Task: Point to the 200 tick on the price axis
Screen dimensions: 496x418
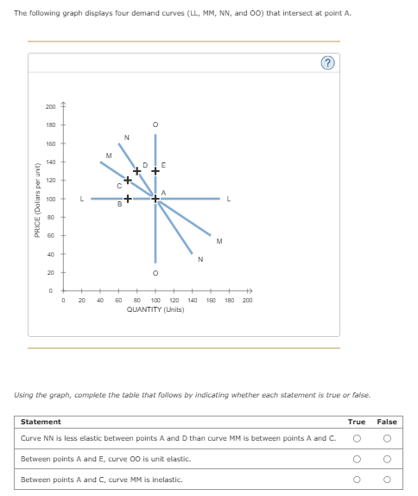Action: [51, 106]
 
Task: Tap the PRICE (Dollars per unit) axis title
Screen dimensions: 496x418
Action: [37, 199]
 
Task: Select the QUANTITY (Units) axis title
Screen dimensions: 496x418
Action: [155, 308]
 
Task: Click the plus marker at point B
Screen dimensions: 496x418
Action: [127, 200]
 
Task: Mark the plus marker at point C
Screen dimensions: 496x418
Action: [127, 180]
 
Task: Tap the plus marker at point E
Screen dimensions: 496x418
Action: [155, 170]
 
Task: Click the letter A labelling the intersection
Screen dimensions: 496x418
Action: [162, 192]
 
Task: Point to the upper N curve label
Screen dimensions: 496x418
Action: [127, 137]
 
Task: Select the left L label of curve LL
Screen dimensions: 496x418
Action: [82, 200]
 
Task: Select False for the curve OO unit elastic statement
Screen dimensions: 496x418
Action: [386, 459]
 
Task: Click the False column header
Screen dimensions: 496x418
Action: [386, 422]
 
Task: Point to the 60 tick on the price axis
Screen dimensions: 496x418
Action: [52, 236]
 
